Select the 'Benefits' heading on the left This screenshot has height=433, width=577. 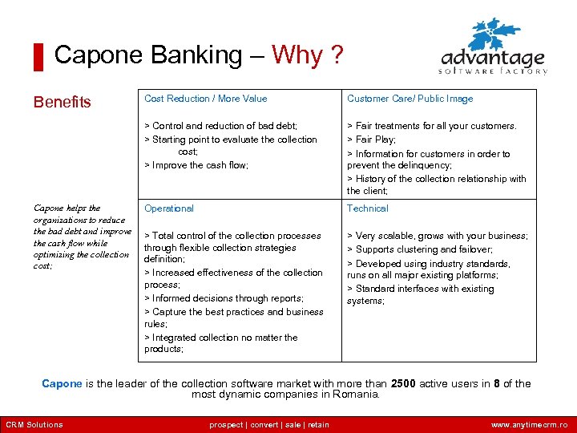(62, 102)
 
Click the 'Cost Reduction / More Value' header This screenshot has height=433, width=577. (205, 99)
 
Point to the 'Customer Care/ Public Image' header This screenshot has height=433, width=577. (410, 99)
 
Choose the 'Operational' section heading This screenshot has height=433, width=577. (168, 208)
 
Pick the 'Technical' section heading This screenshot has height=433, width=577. (367, 208)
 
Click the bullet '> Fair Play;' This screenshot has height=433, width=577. (371, 140)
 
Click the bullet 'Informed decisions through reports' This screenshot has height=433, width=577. (224, 298)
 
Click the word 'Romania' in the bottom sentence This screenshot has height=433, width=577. (357, 395)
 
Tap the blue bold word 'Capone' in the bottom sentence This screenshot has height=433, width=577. (62, 383)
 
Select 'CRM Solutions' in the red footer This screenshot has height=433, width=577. (34, 425)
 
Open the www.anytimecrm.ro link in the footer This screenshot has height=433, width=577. (529, 425)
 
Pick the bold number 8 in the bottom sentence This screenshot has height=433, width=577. (497, 383)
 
